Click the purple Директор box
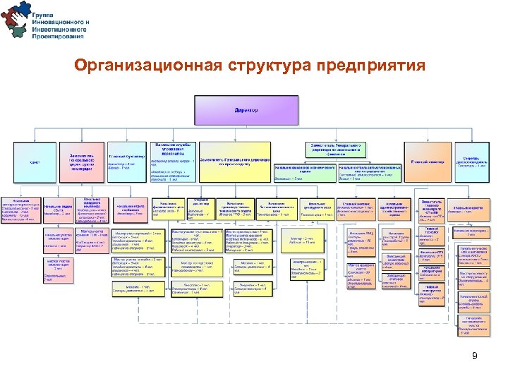(x=246, y=111)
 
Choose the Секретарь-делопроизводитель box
(x=471, y=162)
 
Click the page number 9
(x=476, y=356)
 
